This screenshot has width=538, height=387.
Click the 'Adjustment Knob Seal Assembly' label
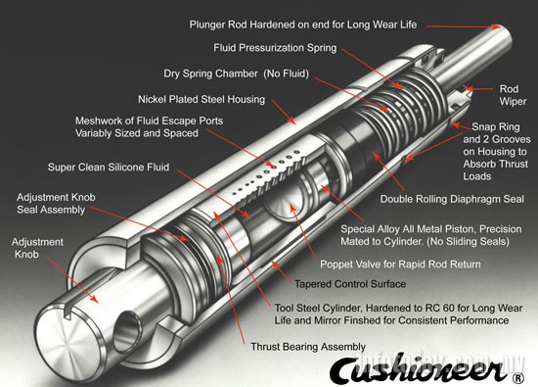(58, 204)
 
